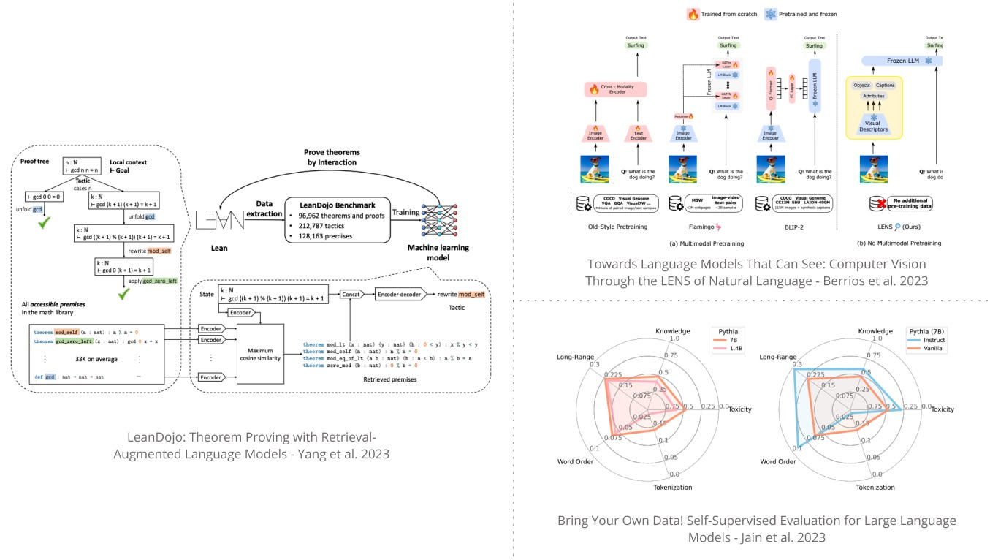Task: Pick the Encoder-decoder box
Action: point(401,293)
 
